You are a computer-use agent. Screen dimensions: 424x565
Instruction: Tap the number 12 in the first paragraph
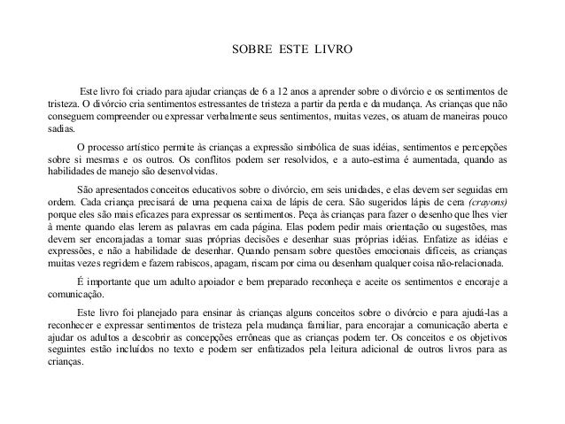290,92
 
